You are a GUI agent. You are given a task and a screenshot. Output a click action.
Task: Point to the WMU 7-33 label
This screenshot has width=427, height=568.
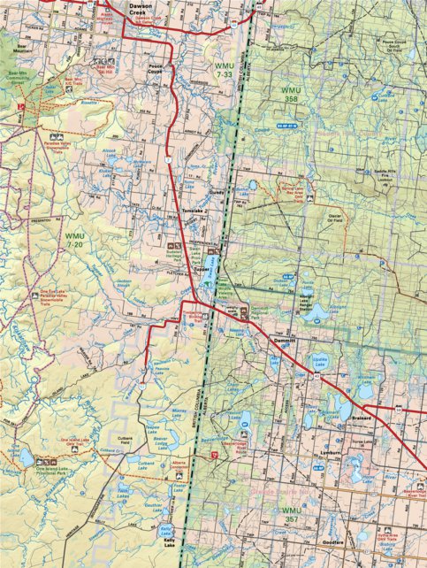227,70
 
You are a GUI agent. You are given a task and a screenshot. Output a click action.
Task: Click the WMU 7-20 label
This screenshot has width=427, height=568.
76,240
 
